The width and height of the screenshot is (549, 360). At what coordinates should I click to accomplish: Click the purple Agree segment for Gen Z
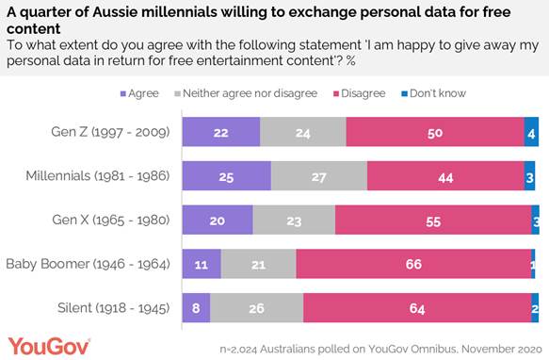pos(220,132)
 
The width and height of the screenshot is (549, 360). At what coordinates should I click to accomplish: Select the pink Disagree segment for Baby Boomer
pos(412,265)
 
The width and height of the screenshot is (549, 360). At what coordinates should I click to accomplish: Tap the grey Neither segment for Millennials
pos(319,176)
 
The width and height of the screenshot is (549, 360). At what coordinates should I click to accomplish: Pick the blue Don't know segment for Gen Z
pos(532,132)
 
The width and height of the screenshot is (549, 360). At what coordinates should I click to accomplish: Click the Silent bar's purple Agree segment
pos(196,308)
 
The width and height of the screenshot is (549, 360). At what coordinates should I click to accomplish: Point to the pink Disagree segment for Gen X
pos(433,221)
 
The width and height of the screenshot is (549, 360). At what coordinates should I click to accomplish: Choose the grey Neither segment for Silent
pos(257,308)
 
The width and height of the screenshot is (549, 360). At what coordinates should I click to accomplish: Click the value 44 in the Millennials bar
pos(444,176)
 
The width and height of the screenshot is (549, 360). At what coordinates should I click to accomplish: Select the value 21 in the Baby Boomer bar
pos(259,265)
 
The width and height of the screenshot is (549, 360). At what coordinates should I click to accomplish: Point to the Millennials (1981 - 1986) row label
pos(98,176)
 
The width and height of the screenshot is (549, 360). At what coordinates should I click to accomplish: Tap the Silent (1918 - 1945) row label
pos(115,308)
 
